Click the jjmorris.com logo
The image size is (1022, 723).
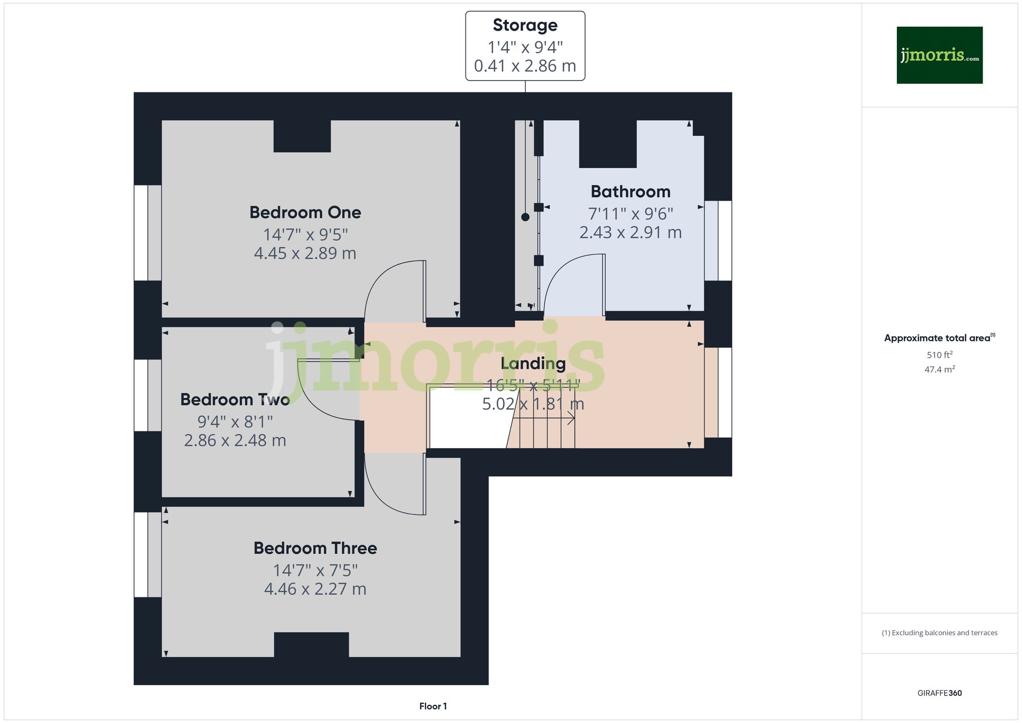coord(939,55)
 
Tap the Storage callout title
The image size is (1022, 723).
coord(525,25)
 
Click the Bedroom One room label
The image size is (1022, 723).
coord(305,213)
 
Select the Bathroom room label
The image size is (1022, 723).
coord(630,192)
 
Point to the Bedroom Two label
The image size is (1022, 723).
coord(235,400)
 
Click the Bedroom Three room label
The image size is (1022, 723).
coord(315,548)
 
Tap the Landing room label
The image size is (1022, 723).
coord(533,363)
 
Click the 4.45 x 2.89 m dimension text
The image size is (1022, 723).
coord(305,253)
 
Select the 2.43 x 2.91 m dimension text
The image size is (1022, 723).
coord(630,232)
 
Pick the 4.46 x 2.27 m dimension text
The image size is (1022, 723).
coord(315,589)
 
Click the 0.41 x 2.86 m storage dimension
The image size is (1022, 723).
coord(525,66)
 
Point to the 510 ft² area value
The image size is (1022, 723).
coord(939,355)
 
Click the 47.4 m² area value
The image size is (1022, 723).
coord(939,369)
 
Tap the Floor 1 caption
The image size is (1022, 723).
coord(433,706)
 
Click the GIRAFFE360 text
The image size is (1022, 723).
coord(939,693)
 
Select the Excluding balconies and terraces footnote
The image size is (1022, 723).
coord(939,633)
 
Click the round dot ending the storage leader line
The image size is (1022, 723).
coord(525,217)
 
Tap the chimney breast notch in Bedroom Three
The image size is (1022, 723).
coord(311,644)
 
